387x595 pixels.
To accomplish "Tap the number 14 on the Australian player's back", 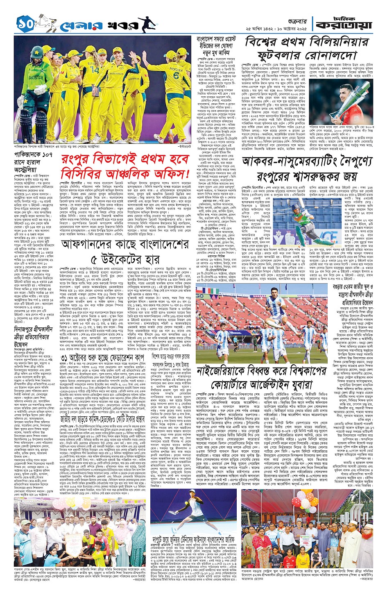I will click(x=95, y=69).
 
